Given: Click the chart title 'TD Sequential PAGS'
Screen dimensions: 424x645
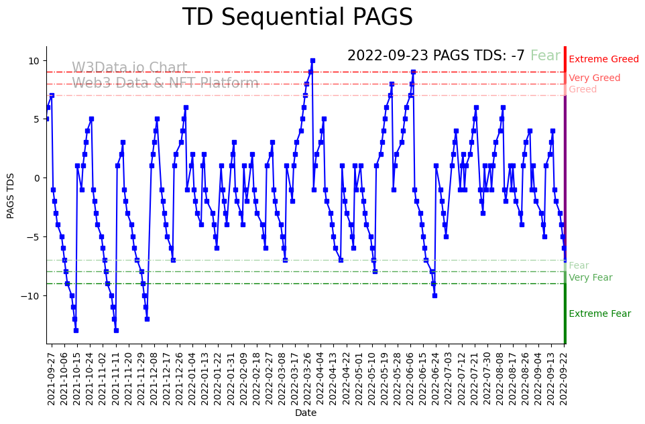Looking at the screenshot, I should click(x=298, y=17).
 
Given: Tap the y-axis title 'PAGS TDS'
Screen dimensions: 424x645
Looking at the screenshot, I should click(x=11, y=196).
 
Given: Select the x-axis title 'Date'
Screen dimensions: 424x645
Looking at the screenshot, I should click(x=305, y=413).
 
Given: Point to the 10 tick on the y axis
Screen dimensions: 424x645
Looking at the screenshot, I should click(x=34, y=61).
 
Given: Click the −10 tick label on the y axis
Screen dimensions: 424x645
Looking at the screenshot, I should click(x=31, y=295).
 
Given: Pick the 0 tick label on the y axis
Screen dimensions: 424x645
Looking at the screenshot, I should click(x=37, y=178).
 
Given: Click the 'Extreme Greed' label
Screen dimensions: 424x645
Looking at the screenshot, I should click(x=603, y=60).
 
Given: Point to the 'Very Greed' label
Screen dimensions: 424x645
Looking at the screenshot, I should click(x=594, y=78).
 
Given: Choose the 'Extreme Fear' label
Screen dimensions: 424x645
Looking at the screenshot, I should click(x=599, y=314).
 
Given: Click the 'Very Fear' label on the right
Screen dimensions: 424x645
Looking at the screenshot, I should click(x=590, y=278).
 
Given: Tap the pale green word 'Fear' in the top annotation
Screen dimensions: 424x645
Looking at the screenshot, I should click(x=545, y=56).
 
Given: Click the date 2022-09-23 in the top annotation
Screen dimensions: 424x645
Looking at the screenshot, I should click(x=388, y=56).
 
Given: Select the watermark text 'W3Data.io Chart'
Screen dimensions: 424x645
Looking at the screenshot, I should click(x=129, y=68).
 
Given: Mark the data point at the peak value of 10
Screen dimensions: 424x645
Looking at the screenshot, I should click(x=312, y=60).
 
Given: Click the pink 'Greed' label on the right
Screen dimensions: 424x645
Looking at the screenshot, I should click(x=583, y=90).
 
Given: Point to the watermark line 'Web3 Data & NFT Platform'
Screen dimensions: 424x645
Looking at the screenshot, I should click(x=165, y=83).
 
